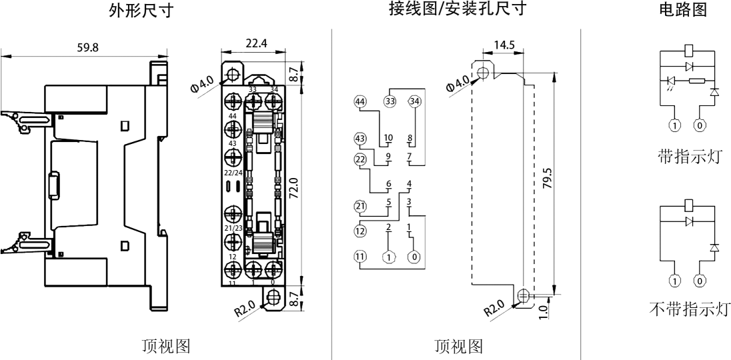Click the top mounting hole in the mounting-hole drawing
(x=484, y=71)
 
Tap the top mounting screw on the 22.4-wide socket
(x=233, y=71)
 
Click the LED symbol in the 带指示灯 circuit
(x=672, y=81)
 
